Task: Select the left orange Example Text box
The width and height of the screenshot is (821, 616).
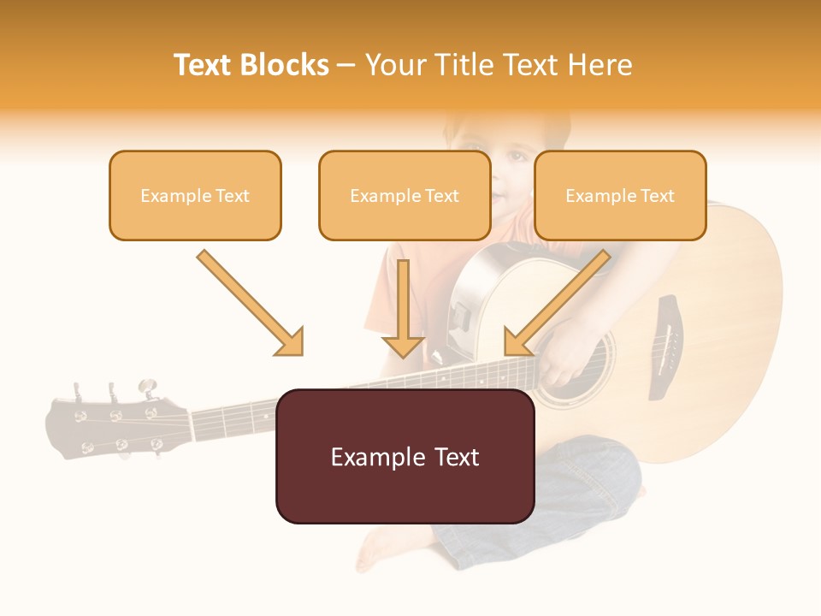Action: pyautogui.click(x=195, y=196)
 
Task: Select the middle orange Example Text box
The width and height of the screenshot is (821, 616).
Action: pyautogui.click(x=405, y=196)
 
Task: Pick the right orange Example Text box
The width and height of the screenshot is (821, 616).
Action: pyautogui.click(x=620, y=196)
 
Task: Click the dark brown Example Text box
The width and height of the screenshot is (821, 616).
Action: pyautogui.click(x=405, y=457)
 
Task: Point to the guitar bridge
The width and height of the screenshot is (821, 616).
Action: pyautogui.click(x=664, y=346)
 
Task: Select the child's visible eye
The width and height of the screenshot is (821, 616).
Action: pyautogui.click(x=516, y=156)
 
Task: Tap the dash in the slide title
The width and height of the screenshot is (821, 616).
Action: pyautogui.click(x=346, y=66)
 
